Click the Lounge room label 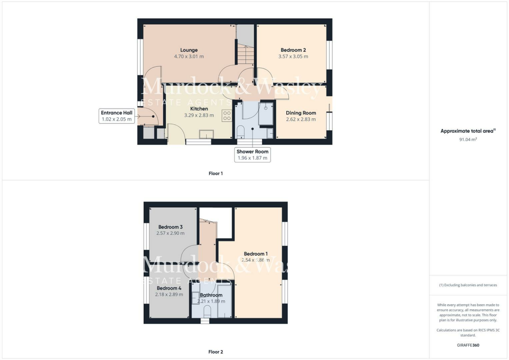pos(189,50)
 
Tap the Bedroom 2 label pos(293,50)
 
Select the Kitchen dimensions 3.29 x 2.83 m pos(198,115)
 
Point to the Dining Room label pos(301,113)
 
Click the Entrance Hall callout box pos(117,116)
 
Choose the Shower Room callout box pos(253,155)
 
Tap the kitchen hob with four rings pos(227,116)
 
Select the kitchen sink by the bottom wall pos(206,133)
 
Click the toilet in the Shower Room pos(240,132)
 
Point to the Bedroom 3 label pos(170,227)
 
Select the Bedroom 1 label pos(255,254)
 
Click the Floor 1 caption pos(216,174)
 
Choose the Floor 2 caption pos(216,352)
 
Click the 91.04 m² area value pos(468,140)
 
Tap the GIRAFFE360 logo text pos(469,345)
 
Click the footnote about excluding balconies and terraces pos(468,285)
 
